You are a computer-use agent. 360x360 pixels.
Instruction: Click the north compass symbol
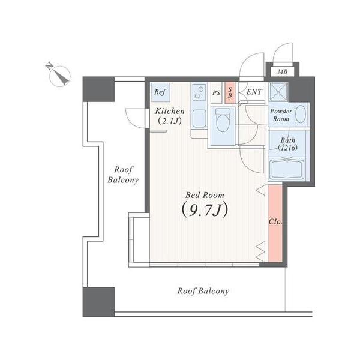point(59,75)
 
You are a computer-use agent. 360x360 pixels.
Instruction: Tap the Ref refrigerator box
point(160,92)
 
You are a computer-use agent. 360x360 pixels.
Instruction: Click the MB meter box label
point(283,71)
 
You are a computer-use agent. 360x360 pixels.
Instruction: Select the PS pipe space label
point(216,93)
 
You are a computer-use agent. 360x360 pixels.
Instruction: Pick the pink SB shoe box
point(230,93)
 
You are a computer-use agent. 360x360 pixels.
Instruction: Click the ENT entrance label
point(254,92)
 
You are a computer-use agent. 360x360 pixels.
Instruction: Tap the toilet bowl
point(223,120)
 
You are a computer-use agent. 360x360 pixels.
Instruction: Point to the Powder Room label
point(281,115)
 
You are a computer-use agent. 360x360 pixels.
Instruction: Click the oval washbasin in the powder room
point(301,114)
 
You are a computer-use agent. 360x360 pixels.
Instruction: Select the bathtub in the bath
point(287,169)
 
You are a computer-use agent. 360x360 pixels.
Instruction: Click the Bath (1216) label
point(287,144)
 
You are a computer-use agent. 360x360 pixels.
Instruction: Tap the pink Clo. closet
point(275,223)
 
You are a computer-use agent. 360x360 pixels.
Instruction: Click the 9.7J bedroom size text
point(205,210)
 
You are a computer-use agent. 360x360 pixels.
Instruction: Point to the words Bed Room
point(205,196)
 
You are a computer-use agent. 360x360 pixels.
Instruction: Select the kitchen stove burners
point(199,92)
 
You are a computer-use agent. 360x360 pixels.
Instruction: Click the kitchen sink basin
point(199,119)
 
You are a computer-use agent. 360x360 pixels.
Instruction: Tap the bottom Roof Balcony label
point(203,291)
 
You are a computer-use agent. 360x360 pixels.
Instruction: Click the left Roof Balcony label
point(123,175)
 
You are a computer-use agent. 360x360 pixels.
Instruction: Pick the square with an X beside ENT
point(278,92)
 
